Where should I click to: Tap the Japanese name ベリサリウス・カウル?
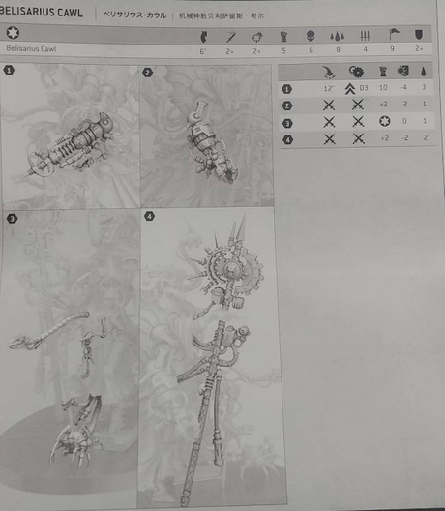[x=136, y=15]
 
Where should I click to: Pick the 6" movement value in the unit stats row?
[x=201, y=48]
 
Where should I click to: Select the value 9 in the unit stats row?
[x=392, y=48]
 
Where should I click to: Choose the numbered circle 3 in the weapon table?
[x=287, y=122]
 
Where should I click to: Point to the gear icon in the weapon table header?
[x=357, y=72]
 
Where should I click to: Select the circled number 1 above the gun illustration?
[x=10, y=71]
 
